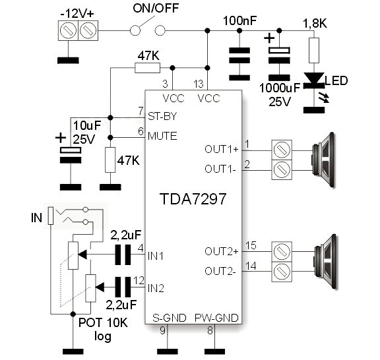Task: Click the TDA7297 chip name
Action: coord(193,199)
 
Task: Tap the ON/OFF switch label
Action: coord(156,8)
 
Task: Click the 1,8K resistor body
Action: coord(314,50)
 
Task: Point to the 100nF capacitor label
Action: coord(239,21)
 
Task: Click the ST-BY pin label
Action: coord(162,117)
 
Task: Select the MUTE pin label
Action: coord(162,136)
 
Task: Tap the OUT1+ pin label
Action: coord(222,149)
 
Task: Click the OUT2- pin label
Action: coord(220,272)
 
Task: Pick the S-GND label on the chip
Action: coord(170,318)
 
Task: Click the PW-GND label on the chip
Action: coord(216,318)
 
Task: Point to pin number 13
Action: coord(199,84)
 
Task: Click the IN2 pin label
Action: coord(156,289)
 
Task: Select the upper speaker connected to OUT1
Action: coord(323,160)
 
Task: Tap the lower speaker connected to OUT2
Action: coord(325,261)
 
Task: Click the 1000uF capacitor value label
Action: coord(280,88)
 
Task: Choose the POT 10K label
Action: coord(103,322)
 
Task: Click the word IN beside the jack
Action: coord(36,218)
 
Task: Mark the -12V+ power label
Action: coord(77,14)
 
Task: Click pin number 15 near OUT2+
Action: coord(251,245)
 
